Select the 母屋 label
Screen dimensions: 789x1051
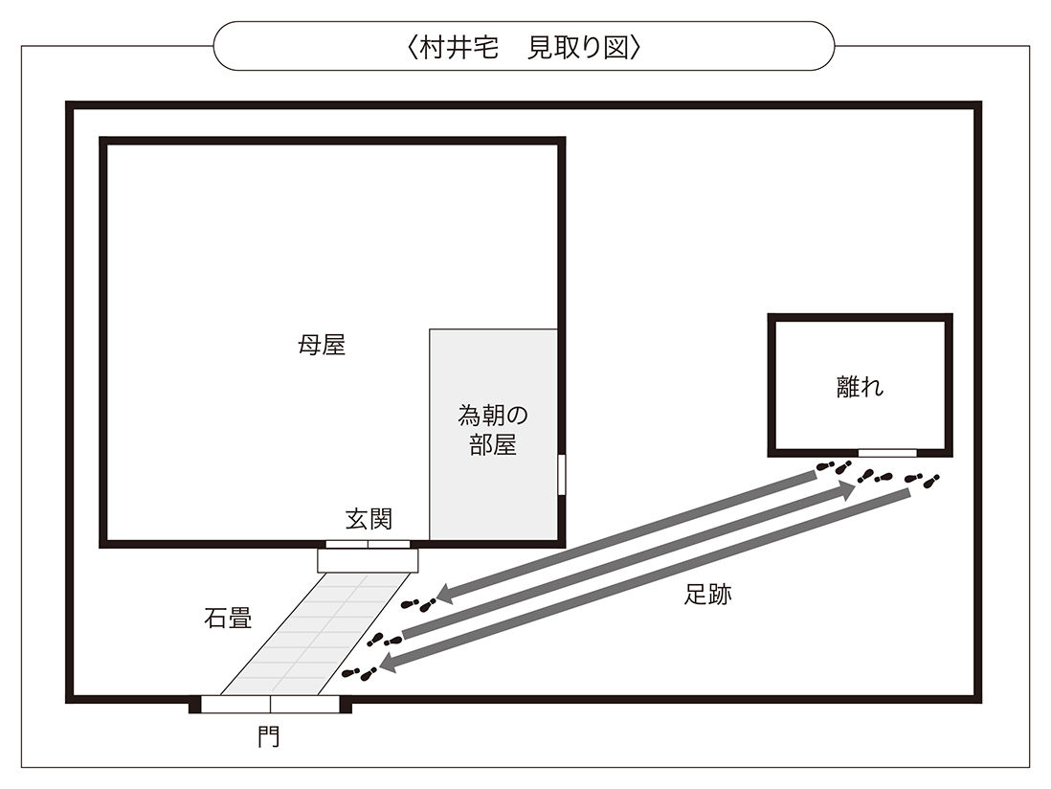pos(322,346)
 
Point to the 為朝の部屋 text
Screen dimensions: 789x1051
pos(493,430)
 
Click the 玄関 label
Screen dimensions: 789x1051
pos(369,519)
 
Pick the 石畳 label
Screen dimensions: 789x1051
pos(228,618)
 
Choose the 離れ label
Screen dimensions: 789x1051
pos(860,387)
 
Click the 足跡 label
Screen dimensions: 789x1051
pos(708,595)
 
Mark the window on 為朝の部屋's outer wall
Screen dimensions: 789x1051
pos(562,474)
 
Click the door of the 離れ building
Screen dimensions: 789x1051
pos(886,452)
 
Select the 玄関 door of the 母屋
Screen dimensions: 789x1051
pos(368,545)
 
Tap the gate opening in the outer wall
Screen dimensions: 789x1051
pos(271,705)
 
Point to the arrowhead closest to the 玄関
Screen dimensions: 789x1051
pos(445,595)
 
